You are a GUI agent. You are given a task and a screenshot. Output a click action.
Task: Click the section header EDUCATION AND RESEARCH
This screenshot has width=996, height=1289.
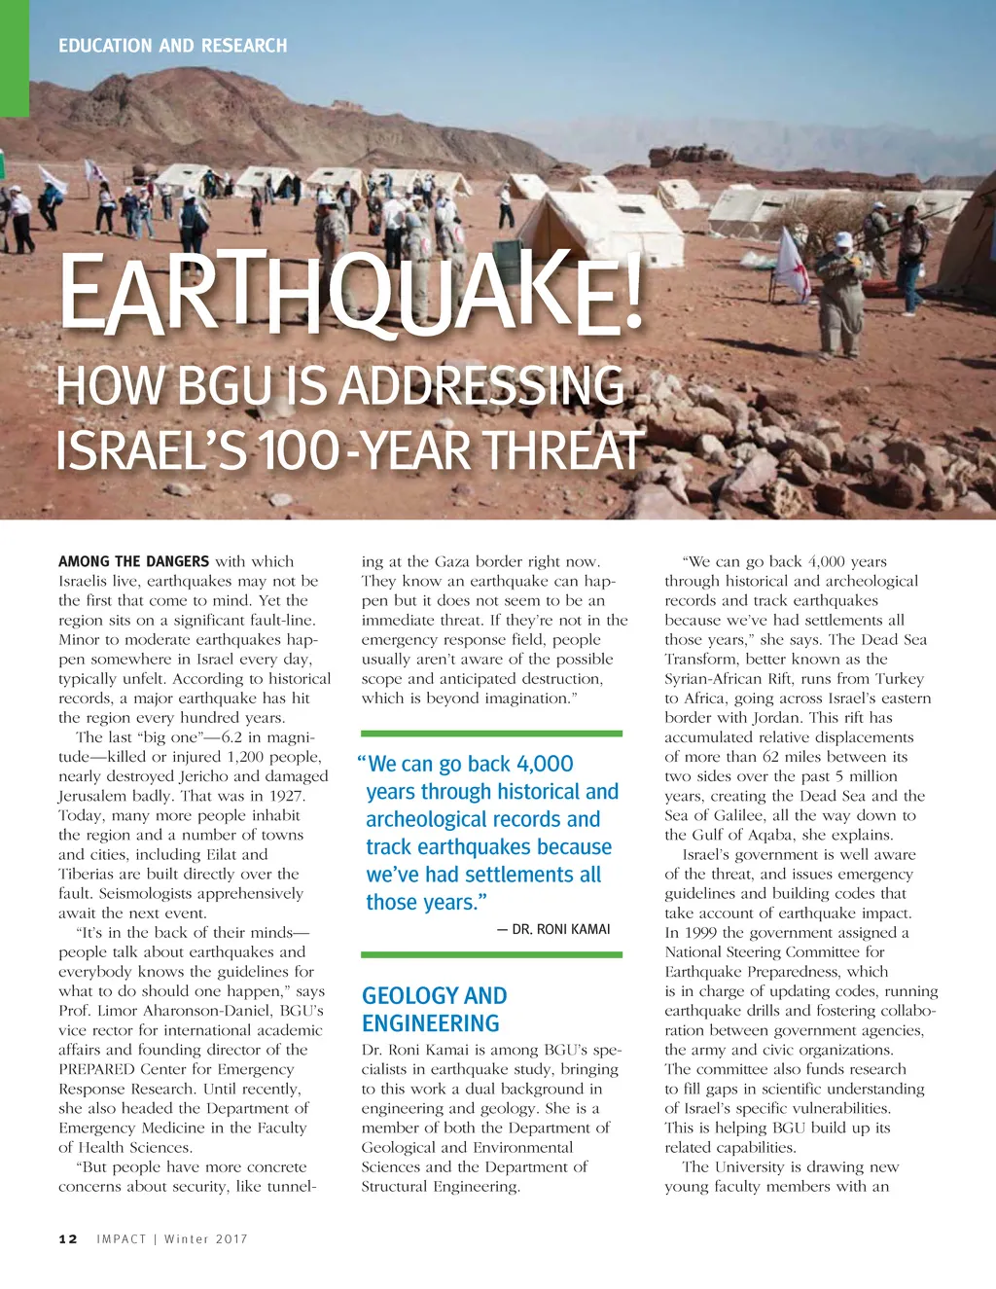pos(172,46)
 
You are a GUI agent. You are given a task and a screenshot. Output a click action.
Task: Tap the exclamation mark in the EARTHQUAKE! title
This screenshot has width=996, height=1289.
pos(633,289)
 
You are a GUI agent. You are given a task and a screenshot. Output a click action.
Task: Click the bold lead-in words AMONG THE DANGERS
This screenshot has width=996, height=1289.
pos(133,561)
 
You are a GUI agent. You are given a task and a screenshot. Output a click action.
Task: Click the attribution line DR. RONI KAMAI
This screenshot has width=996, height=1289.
pos(560,929)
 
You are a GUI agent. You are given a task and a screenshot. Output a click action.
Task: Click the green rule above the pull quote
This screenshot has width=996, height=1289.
pos(491,734)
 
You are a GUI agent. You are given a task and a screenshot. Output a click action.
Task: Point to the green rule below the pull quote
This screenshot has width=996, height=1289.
pos(491,955)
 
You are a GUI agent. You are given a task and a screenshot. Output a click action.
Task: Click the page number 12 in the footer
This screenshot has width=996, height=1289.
pos(68,1238)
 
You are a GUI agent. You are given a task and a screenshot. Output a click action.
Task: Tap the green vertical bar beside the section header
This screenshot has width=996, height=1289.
pos(15,58)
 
